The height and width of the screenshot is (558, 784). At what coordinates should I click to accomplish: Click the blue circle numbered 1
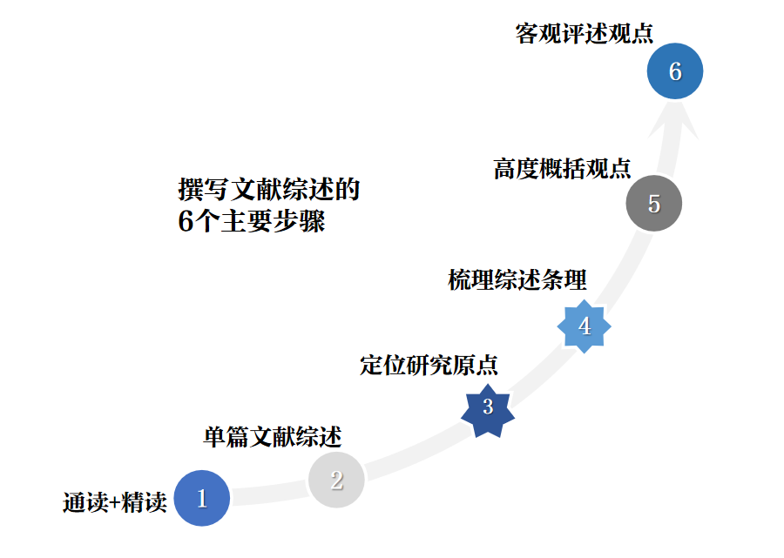202,499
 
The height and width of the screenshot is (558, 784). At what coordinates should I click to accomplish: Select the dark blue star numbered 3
488,407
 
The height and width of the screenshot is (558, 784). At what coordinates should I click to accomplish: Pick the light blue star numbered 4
585,326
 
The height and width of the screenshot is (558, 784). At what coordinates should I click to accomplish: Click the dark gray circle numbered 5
654,204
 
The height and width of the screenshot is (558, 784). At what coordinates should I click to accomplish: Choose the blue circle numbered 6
675,71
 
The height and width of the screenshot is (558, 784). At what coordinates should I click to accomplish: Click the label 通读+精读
114,503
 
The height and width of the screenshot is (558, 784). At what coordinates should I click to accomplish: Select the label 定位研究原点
429,365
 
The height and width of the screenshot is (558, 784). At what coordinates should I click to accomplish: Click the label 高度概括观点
562,168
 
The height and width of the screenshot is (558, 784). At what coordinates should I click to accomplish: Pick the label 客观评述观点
584,34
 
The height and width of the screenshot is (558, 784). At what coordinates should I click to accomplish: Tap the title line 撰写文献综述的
268,189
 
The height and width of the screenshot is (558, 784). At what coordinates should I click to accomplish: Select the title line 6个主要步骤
251,221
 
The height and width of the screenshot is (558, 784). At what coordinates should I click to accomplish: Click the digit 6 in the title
185,222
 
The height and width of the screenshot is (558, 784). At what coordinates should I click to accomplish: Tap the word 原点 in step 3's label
480,365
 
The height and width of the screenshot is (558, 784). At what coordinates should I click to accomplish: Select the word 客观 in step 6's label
532,34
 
